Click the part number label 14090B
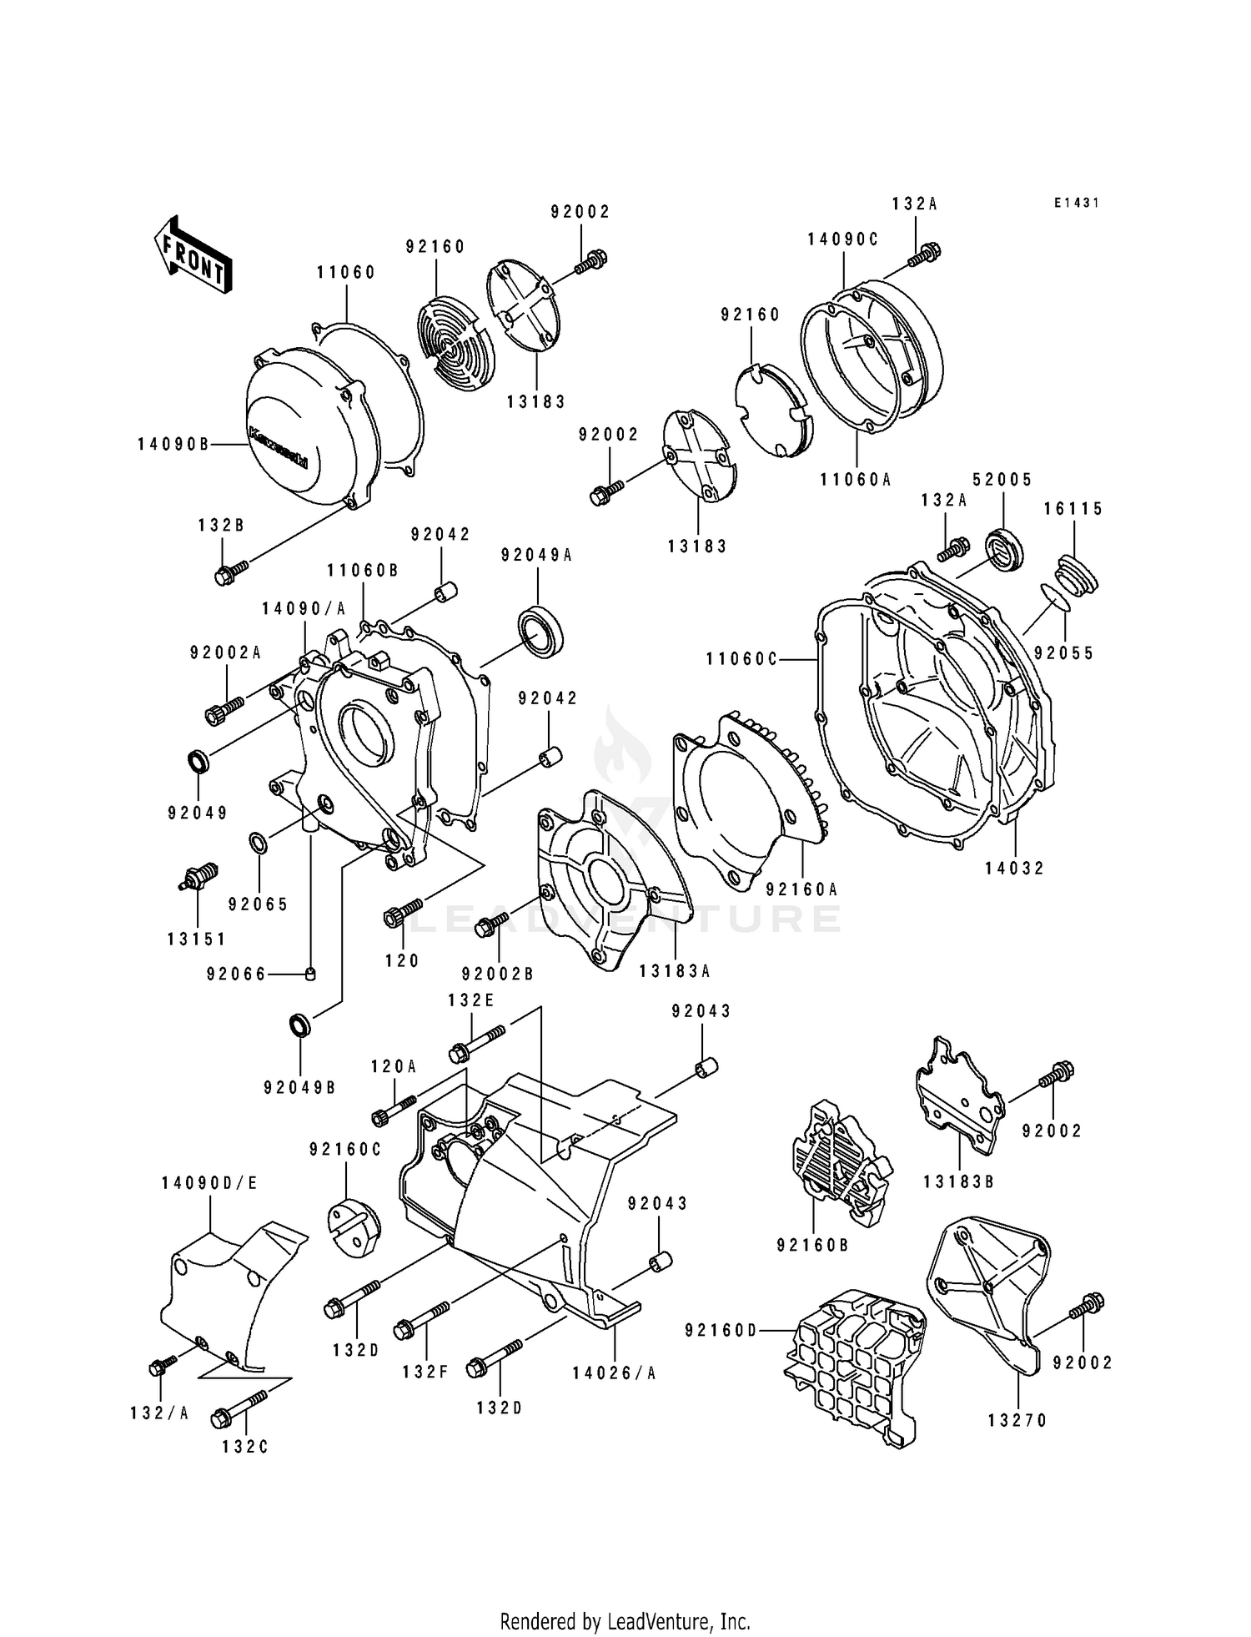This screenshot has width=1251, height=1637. coord(173,445)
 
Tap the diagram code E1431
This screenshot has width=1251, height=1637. coord(1076,203)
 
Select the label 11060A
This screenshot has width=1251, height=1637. coord(855,480)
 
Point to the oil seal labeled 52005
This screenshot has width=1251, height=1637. coord(1005,550)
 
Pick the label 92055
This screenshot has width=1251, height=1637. coord(1063,653)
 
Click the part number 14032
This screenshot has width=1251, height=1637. coord(1014,868)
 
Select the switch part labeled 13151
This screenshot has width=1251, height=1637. coord(198,877)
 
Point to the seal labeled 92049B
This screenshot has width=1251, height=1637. coord(300,1025)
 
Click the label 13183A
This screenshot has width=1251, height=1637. coord(675,971)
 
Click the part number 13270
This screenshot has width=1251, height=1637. coord(1017,1420)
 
